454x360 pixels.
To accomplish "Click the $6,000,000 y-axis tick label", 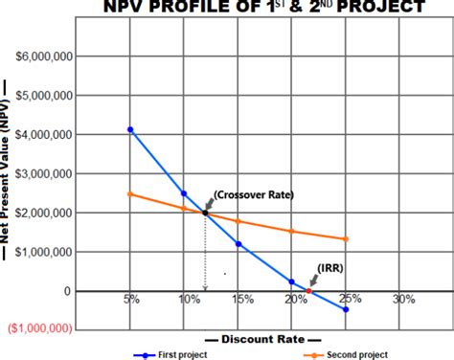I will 42,57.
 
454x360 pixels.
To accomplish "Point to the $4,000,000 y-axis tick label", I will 42,135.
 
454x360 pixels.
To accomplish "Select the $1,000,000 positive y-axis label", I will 42,252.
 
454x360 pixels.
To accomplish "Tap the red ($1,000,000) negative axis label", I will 39,328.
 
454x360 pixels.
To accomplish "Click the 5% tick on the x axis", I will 131,300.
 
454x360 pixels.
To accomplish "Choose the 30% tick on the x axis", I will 404,300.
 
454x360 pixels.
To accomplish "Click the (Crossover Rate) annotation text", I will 254,194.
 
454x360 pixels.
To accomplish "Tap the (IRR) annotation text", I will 331,269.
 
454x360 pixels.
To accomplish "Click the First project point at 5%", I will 130,129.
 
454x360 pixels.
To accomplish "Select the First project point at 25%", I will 346,309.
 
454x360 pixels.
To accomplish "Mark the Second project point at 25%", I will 346,239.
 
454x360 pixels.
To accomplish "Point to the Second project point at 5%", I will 130,194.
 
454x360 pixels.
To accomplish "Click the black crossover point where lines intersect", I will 204,212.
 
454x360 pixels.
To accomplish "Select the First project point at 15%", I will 238,243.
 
